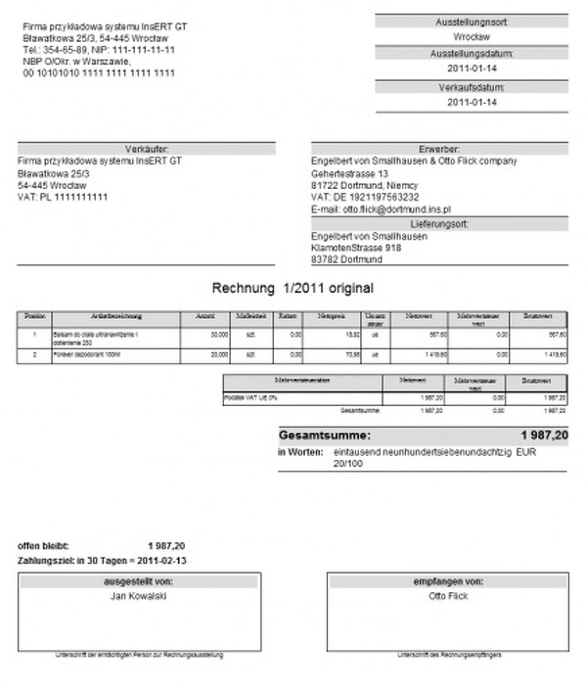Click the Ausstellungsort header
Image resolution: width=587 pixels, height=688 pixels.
[472, 21]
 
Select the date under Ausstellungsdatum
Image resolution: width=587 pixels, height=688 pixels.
[472, 69]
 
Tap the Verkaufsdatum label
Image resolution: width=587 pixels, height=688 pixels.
[472, 86]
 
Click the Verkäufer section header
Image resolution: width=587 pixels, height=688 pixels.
[147, 149]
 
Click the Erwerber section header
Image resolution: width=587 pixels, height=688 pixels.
[438, 149]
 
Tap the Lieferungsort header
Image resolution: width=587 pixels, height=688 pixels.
[438, 224]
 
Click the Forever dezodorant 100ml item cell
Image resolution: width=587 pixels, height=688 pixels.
[87, 353]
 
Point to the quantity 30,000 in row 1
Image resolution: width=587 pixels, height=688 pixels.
[218, 335]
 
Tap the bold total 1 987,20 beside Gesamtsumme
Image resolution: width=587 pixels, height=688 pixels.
[544, 434]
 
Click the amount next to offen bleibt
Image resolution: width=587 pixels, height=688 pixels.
[166, 545]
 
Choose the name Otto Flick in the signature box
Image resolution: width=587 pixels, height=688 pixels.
[448, 594]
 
